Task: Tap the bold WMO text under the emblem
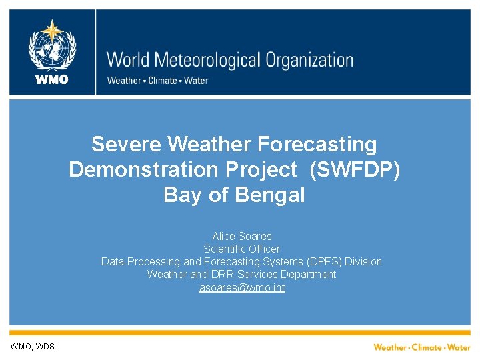click(x=52, y=80)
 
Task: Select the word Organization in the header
click(x=309, y=61)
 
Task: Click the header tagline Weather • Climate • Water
click(x=158, y=81)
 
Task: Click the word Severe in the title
click(x=127, y=144)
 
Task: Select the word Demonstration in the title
click(x=139, y=170)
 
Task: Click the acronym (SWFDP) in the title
click(x=355, y=170)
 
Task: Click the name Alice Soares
click(x=242, y=236)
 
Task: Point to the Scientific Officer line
click(x=242, y=249)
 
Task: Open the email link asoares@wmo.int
click(x=242, y=287)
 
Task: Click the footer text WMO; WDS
click(x=33, y=346)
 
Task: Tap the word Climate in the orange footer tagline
click(x=427, y=347)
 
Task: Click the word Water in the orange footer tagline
click(x=459, y=347)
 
